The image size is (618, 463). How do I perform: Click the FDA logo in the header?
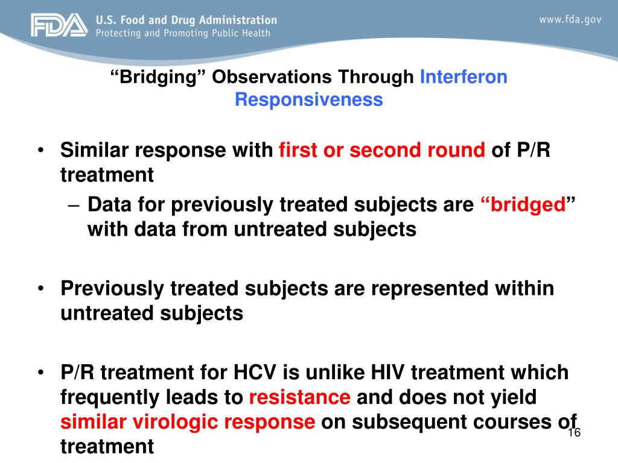coord(59,25)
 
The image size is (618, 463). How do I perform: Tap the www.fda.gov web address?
coord(570,19)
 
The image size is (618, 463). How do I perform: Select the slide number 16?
coord(575,432)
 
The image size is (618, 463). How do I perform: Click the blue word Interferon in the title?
coord(463,77)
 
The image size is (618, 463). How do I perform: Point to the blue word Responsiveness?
coord(309,99)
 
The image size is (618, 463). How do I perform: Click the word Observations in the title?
coord(272,77)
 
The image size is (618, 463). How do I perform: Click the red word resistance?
coord(299,397)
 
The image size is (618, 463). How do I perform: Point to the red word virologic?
coord(175,422)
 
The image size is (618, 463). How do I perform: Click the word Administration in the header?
coord(238,20)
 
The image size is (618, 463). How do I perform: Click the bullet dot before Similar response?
coord(40,150)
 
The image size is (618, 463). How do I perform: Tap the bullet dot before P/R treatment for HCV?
coord(40,373)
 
